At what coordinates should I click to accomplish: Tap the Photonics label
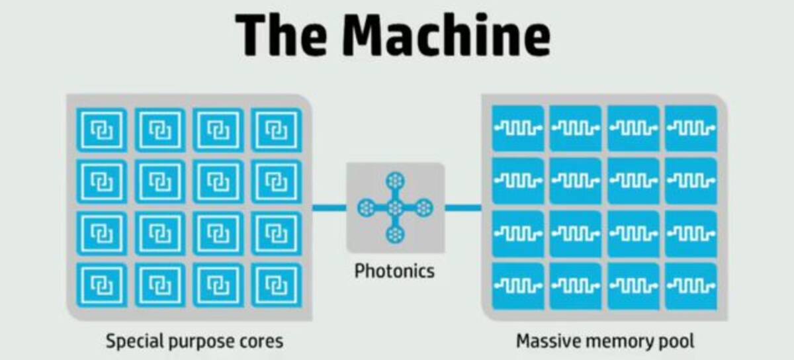tap(394, 271)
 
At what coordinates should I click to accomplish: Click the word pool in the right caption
tap(675, 341)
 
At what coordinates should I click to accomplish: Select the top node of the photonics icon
tap(395, 179)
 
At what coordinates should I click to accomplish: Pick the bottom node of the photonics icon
tap(395, 234)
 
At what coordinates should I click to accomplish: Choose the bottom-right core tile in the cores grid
tap(276, 285)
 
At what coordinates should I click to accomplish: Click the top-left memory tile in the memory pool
tap(517, 127)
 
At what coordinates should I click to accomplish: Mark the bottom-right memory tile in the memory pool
tap(691, 286)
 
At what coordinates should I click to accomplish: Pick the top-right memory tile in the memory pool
tap(691, 127)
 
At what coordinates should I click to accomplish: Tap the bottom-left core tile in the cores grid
tap(103, 285)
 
